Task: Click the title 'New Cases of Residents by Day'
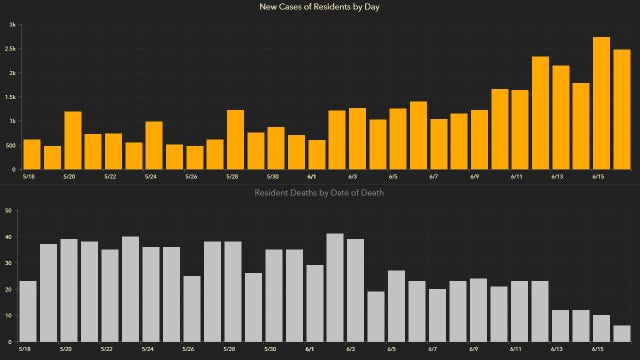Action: point(320,8)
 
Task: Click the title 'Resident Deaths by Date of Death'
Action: point(320,192)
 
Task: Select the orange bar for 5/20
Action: point(73,140)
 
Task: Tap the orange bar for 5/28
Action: point(236,139)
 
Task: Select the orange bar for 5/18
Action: point(31,154)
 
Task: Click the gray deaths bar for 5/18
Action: point(28,311)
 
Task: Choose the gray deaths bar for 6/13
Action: point(560,326)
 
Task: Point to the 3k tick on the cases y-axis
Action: point(12,25)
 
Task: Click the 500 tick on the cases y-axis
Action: point(9,145)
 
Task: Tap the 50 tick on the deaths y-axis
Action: point(9,211)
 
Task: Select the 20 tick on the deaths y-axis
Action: point(9,290)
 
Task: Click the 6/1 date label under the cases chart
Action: point(310,178)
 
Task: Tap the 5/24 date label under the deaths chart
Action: point(148,350)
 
